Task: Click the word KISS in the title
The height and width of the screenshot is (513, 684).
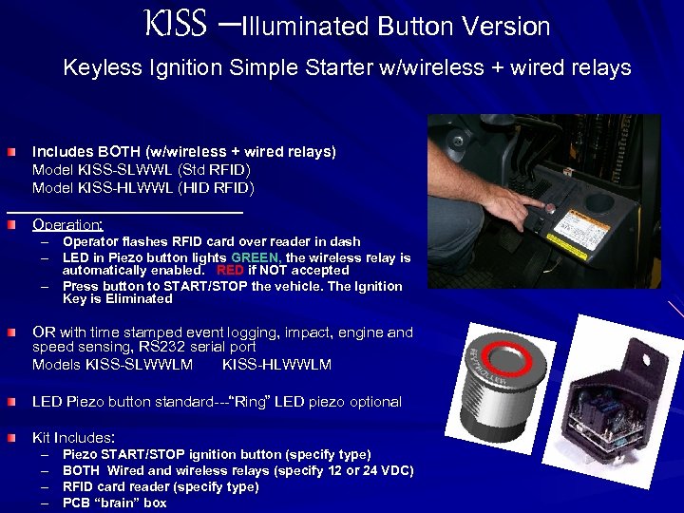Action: (x=175, y=25)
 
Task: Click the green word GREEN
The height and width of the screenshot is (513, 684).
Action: (x=256, y=257)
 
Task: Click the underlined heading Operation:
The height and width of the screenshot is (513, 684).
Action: (x=67, y=225)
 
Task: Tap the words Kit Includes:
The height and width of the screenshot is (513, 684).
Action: (x=73, y=438)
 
